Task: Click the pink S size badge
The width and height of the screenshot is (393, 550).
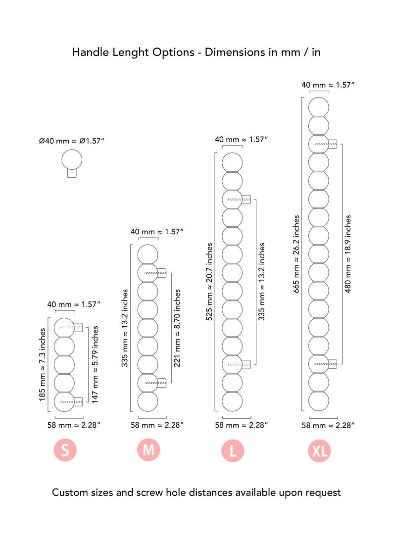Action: [x=65, y=450]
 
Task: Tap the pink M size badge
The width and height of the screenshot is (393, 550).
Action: [x=148, y=450]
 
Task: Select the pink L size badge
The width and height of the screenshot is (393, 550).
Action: [x=233, y=450]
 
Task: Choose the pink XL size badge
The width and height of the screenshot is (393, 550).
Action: [x=319, y=450]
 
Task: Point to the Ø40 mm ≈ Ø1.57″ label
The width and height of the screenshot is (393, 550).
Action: [x=71, y=141]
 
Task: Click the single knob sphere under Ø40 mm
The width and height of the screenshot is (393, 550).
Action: [x=72, y=159]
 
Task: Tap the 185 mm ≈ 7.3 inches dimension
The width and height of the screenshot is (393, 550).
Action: [x=42, y=364]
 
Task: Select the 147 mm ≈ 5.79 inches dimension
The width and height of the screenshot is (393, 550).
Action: [x=95, y=364]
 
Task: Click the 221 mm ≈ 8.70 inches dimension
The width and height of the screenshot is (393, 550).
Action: [x=177, y=328]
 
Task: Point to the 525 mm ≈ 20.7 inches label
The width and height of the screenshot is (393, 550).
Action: [x=209, y=282]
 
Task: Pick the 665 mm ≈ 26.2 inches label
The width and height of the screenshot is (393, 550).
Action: [x=296, y=254]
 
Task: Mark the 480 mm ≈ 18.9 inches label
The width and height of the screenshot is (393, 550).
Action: [x=348, y=254]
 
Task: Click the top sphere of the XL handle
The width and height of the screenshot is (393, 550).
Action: [x=319, y=107]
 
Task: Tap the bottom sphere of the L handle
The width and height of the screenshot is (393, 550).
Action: [x=232, y=401]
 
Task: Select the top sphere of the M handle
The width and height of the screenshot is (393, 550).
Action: [x=147, y=254]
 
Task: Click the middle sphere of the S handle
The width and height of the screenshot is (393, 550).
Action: [x=64, y=365]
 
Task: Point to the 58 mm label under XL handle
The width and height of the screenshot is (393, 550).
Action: [x=328, y=425]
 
